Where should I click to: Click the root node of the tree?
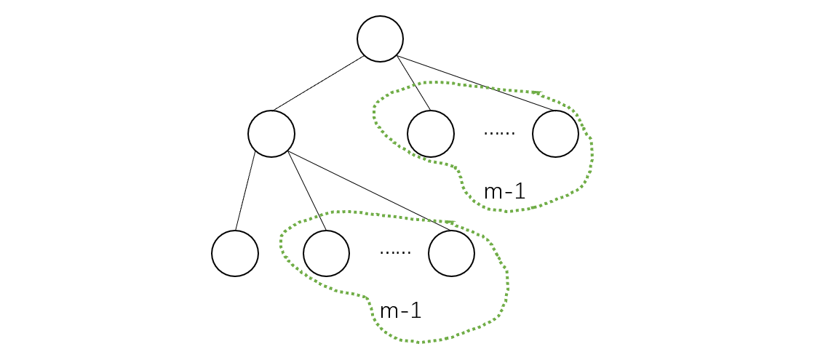click(380, 39)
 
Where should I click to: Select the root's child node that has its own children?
click(271, 134)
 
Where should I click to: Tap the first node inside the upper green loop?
click(431, 134)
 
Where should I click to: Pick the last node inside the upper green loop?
click(555, 134)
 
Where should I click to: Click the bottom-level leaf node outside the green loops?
click(235, 253)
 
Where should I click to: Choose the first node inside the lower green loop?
click(326, 253)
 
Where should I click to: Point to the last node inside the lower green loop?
click(451, 253)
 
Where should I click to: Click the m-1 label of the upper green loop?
click(504, 192)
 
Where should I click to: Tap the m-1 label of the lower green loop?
click(400, 311)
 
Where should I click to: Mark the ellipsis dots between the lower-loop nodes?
click(395, 252)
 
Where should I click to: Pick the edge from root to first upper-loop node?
click(414, 84)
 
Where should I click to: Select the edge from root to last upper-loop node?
click(473, 84)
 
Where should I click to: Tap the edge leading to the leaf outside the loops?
click(246, 192)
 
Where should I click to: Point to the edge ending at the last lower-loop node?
click(364, 188)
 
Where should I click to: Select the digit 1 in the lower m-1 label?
click(415, 311)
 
